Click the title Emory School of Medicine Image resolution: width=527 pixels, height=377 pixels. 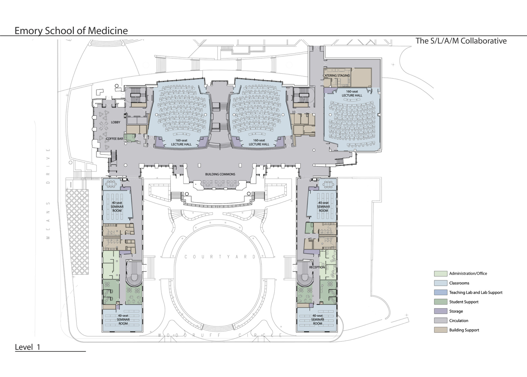71,31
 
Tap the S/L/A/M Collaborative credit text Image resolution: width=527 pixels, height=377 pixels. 461,41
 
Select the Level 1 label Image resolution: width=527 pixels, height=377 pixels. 27,347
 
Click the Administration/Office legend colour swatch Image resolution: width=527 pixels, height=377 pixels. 441,274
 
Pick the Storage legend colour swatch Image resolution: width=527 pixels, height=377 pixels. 441,311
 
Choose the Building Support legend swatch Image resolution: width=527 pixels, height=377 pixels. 441,330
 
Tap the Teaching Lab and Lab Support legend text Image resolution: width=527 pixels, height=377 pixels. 476,293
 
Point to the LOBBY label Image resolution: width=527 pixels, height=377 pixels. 115,122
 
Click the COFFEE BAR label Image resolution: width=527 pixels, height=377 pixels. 115,139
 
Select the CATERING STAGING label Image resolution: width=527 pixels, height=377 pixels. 336,76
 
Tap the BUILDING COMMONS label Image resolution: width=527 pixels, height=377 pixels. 220,174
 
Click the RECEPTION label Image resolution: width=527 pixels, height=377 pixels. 317,268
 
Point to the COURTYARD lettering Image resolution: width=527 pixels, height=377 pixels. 220,257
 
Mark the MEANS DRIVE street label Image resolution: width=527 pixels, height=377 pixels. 48,194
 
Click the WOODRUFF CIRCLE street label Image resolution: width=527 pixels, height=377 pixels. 220,336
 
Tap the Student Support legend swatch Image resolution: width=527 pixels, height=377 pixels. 441,302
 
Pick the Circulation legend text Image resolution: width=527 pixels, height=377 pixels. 459,321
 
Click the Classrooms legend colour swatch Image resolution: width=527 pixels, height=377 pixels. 441,283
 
